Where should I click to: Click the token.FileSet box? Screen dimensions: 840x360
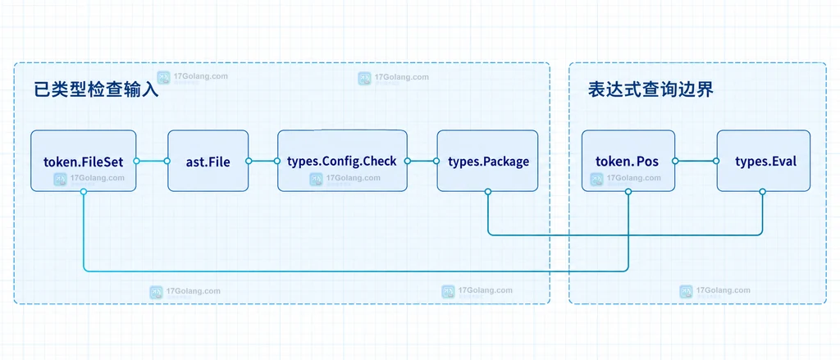[83, 161]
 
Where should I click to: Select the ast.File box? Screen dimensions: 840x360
[208, 161]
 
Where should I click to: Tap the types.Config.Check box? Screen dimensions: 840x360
[342, 161]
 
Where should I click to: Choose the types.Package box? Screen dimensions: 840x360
[487, 161]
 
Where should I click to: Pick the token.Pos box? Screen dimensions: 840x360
[628, 161]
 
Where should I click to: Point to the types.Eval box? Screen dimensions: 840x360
[764, 161]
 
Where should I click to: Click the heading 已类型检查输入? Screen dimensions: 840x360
[96, 89]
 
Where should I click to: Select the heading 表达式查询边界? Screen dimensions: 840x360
[651, 89]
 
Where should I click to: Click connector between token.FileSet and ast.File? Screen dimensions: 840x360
[152, 161]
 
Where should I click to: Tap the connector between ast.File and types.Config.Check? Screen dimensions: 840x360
[263, 161]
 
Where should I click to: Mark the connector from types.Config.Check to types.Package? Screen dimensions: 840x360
[422, 161]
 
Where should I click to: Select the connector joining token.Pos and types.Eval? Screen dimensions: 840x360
[696, 161]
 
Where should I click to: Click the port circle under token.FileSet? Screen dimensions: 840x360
[84, 191]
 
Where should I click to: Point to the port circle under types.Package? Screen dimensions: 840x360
[487, 191]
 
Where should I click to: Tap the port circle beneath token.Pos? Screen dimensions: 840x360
[628, 191]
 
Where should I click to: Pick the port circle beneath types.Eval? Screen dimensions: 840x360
[763, 191]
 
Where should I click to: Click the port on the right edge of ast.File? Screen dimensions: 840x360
[249, 161]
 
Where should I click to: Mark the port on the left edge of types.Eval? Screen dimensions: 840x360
[717, 161]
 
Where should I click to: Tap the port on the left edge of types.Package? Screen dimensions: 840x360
[437, 161]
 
